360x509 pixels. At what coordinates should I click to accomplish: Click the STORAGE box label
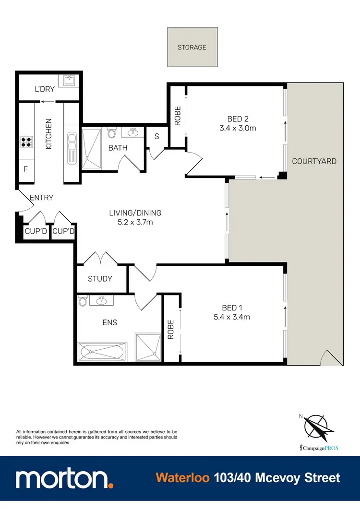(192, 47)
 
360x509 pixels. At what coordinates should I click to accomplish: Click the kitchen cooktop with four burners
(25, 142)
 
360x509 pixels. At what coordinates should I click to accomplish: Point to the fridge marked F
(25, 169)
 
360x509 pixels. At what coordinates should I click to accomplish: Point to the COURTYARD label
(314, 161)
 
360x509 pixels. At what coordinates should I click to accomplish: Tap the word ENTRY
(41, 198)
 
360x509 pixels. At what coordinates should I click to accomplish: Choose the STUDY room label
(100, 279)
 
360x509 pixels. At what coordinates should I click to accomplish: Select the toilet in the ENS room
(83, 301)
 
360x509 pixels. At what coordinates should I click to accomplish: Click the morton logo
(64, 479)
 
